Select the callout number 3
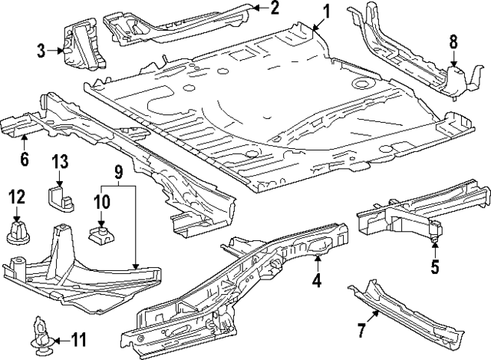(x=41, y=51)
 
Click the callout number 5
(x=434, y=267)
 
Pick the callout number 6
(x=25, y=159)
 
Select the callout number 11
(x=80, y=339)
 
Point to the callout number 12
(x=16, y=197)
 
